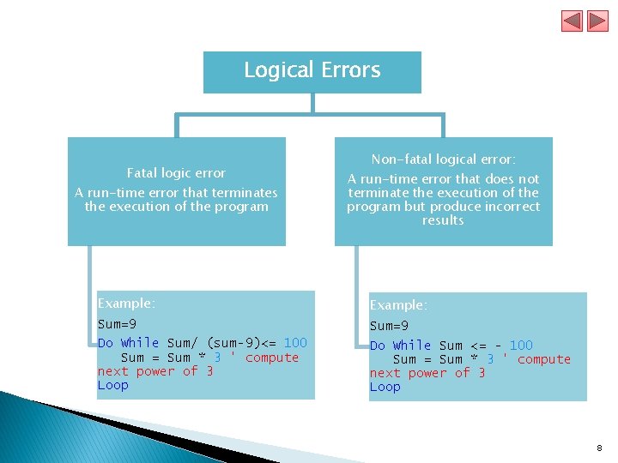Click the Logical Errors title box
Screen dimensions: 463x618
click(312, 71)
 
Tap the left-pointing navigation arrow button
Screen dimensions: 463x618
click(572, 21)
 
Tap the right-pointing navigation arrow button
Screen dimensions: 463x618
click(597, 21)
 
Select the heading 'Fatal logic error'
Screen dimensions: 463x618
click(176, 173)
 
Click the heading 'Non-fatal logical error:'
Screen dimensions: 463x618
click(443, 159)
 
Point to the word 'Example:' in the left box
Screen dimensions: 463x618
click(126, 304)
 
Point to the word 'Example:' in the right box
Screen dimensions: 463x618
click(398, 305)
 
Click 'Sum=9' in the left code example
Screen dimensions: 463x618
click(117, 324)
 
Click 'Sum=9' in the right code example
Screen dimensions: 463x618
click(389, 326)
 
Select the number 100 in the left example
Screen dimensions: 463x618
click(295, 343)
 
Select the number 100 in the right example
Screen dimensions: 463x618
click(521, 346)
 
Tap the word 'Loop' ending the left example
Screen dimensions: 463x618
click(112, 385)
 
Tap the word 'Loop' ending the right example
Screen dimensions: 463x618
click(385, 387)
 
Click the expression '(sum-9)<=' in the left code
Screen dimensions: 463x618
click(243, 343)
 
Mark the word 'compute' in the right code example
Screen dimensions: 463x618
click(544, 359)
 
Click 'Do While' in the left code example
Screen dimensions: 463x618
click(128, 343)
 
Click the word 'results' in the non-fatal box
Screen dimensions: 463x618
click(443, 220)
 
